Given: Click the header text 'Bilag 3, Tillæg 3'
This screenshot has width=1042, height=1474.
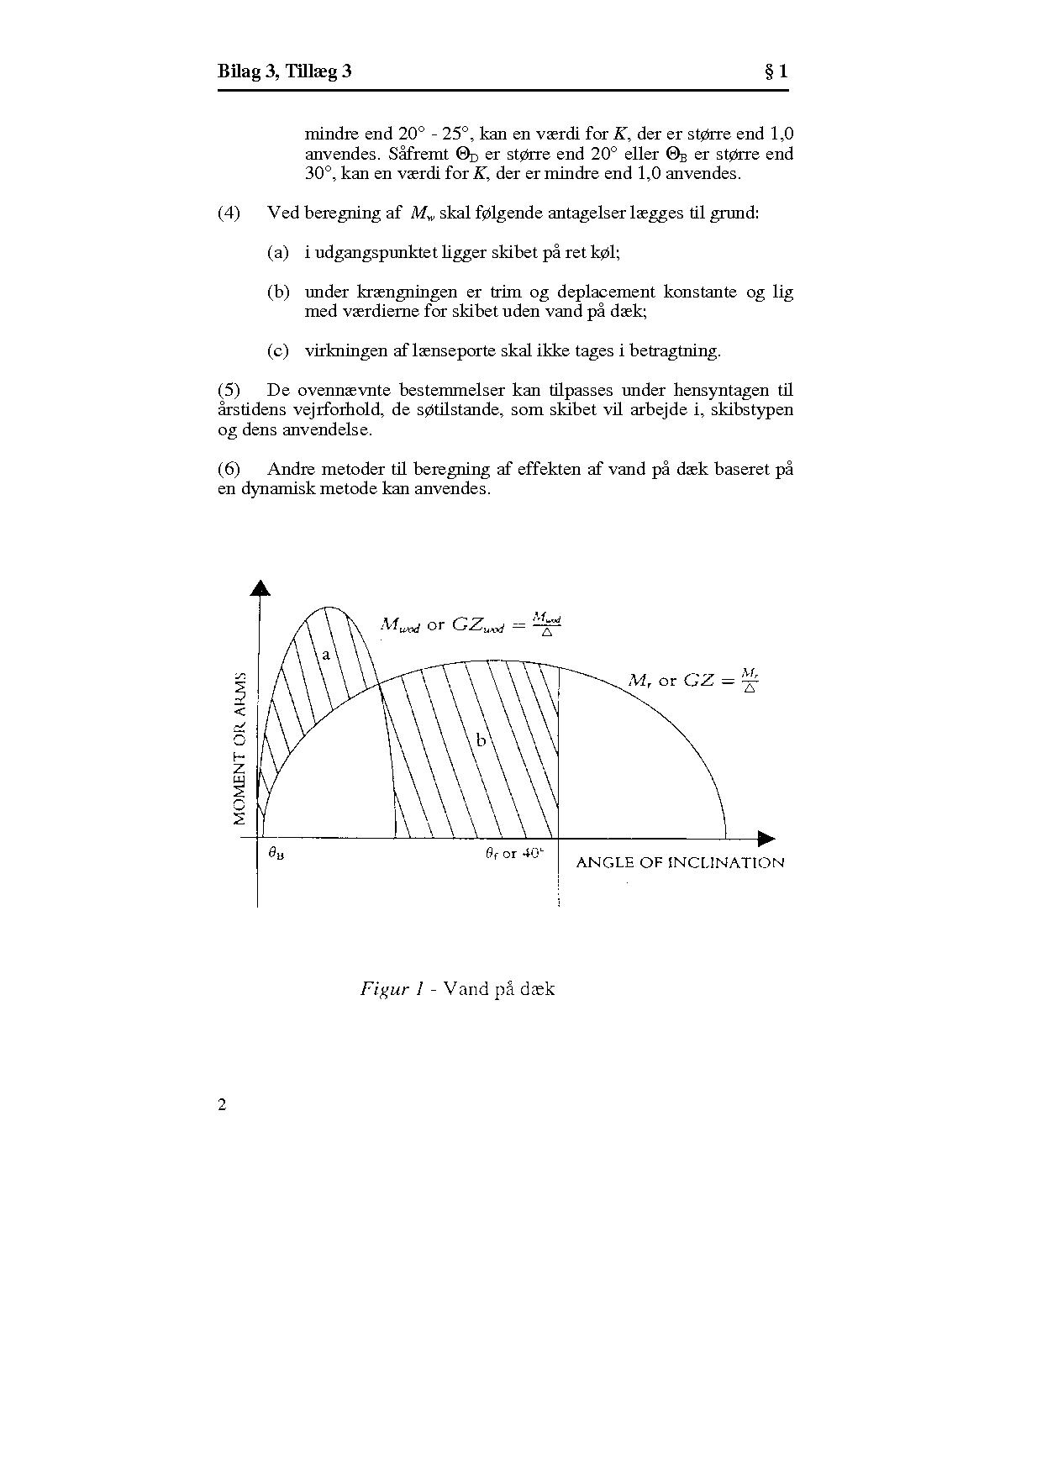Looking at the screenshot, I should [284, 71].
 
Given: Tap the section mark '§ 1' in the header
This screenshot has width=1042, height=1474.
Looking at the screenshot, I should [776, 71].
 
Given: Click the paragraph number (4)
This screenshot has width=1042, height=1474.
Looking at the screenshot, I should [229, 213].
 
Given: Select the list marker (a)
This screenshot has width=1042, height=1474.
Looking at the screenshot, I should [278, 252].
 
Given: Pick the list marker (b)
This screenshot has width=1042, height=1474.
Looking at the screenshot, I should [278, 292].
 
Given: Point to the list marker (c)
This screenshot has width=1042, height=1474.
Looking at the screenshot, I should [278, 351].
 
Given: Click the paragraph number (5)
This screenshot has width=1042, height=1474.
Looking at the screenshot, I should [229, 390].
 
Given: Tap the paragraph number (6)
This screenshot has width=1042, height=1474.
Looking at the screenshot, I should [229, 469].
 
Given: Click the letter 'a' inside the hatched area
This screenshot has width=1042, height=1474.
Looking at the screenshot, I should [326, 654].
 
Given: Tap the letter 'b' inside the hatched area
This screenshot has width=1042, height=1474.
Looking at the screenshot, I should [482, 740].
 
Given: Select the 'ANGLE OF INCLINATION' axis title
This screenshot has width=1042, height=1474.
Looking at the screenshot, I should [680, 863].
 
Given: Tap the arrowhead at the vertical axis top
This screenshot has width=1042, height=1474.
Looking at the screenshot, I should [261, 587].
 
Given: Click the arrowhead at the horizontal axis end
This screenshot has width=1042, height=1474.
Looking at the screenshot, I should [766, 838].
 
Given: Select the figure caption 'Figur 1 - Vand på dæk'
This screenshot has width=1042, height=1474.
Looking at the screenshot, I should [457, 988].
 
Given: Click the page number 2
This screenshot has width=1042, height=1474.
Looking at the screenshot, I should [222, 1105].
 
